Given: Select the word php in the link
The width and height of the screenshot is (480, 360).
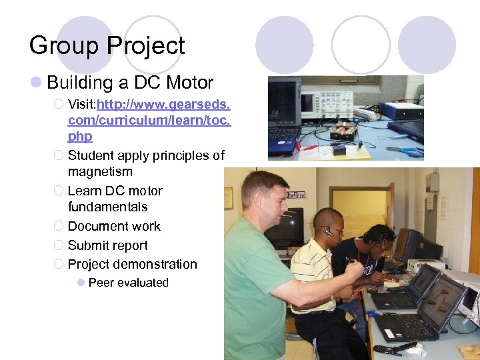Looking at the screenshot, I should click(80, 137).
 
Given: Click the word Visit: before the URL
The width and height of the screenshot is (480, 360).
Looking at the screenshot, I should click(82, 105).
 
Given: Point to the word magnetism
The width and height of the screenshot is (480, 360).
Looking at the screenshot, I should click(100, 172).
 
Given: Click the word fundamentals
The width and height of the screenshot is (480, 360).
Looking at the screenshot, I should click(107, 207).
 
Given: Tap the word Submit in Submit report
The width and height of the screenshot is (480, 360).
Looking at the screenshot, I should click(87, 245).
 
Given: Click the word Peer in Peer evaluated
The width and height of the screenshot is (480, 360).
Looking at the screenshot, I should click(101, 283).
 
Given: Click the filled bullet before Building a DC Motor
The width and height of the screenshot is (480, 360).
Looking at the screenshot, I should click(37, 83).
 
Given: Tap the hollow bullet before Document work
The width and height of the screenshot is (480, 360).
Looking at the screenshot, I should click(59, 226).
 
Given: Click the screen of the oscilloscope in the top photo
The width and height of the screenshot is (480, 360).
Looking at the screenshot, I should click(308, 102).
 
